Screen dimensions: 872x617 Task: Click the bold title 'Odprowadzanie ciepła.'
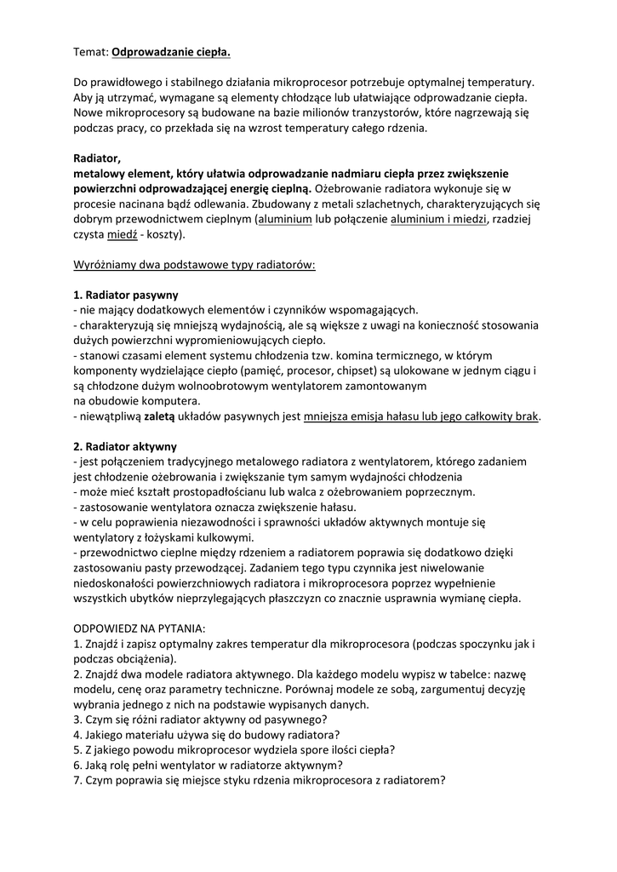click(171, 51)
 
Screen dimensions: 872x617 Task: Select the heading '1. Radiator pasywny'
click(125, 294)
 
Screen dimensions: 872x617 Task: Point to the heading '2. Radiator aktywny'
click(125, 445)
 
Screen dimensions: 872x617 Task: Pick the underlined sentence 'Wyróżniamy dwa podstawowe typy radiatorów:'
click(194, 264)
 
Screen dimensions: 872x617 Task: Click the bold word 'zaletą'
click(158, 416)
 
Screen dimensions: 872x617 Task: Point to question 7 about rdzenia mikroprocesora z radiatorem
click(260, 780)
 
